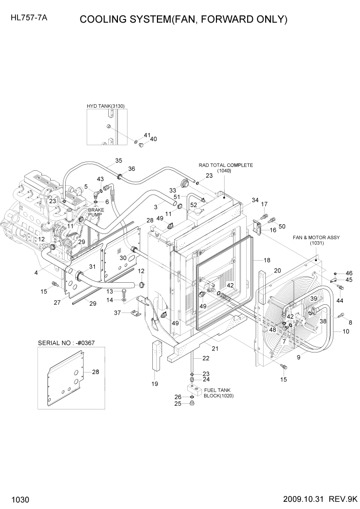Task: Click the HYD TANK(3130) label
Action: point(106,106)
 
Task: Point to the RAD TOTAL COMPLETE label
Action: point(226,165)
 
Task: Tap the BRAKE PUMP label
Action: point(96,213)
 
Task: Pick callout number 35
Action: point(118,161)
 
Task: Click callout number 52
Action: point(193,205)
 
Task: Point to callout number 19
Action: point(155,383)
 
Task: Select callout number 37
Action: point(117,312)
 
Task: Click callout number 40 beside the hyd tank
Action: point(153,139)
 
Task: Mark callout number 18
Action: point(267,260)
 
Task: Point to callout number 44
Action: point(339,300)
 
